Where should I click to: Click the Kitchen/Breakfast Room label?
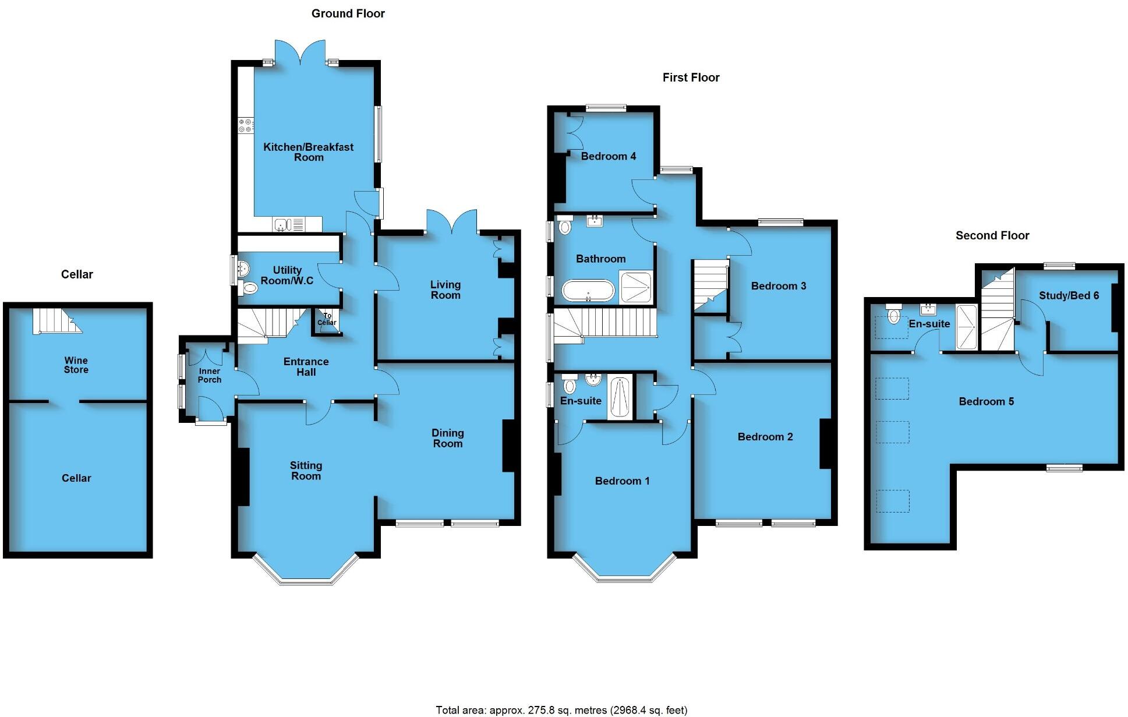click(308, 152)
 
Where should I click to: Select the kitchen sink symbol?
click(282, 224)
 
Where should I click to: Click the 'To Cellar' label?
click(327, 319)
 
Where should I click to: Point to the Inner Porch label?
click(210, 375)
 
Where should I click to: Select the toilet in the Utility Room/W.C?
click(249, 288)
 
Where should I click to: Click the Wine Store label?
click(76, 365)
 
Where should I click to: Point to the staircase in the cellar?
click(55, 321)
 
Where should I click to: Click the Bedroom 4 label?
click(608, 156)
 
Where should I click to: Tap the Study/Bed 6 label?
click(1069, 295)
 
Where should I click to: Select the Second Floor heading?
click(992, 235)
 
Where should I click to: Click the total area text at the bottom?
click(561, 710)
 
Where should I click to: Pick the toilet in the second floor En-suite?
click(893, 315)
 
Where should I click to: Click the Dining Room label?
click(447, 438)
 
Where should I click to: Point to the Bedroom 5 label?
click(986, 401)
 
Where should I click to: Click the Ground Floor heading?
click(348, 13)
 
